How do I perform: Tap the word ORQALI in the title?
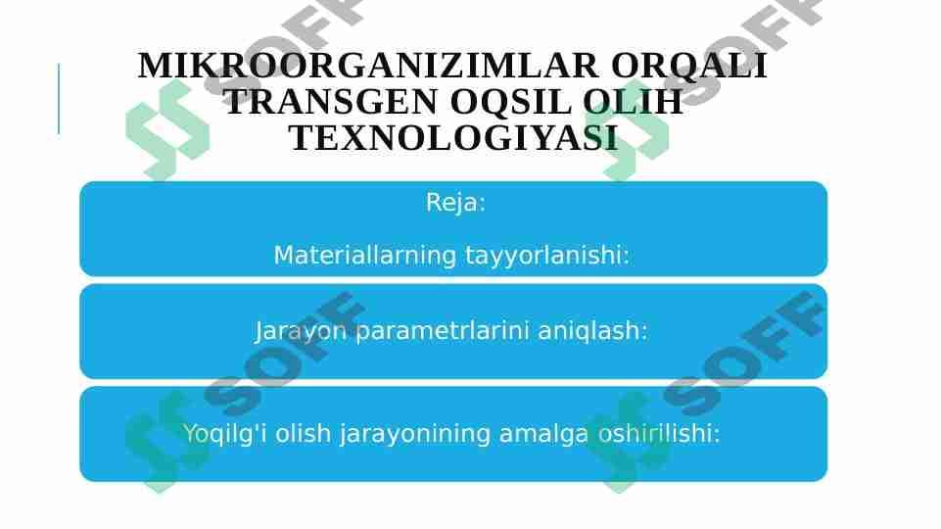click(689, 66)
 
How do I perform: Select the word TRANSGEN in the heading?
click(331, 102)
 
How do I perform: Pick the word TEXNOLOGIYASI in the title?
click(453, 137)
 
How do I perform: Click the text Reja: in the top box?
click(455, 203)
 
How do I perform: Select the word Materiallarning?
click(365, 255)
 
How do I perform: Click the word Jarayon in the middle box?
click(300, 331)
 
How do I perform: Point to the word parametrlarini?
click(443, 331)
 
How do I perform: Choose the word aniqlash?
click(593, 331)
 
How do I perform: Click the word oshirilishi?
click(658, 434)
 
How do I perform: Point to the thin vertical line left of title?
click(59, 99)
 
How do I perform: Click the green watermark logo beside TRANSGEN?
click(167, 130)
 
